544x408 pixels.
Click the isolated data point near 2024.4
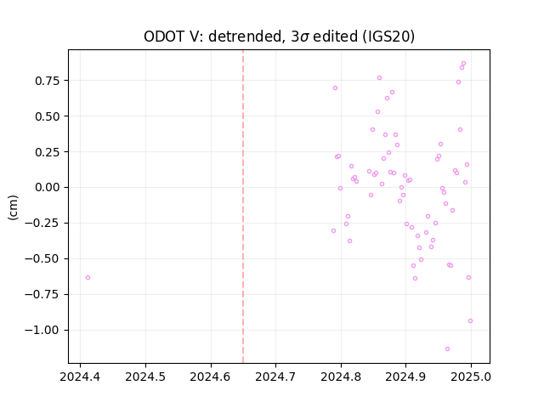click(88, 278)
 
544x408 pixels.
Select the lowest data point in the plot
click(448, 349)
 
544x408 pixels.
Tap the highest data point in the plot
click(463, 64)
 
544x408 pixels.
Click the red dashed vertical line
click(243, 207)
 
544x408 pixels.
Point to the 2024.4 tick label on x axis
click(80, 377)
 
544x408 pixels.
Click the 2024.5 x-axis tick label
click(145, 377)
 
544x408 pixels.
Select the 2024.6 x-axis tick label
click(211, 377)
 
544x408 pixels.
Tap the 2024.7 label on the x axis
click(275, 377)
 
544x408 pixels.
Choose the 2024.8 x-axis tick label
click(341, 377)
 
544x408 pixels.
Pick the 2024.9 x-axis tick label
click(406, 377)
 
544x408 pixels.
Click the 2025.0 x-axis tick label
click(471, 377)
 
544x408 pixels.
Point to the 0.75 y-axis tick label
click(48, 81)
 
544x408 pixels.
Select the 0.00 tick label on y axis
click(48, 187)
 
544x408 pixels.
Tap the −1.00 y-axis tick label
click(42, 330)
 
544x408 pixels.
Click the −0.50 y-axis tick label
click(42, 258)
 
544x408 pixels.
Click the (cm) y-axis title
click(13, 207)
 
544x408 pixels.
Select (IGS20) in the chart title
click(388, 37)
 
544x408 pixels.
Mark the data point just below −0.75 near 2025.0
click(470, 321)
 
